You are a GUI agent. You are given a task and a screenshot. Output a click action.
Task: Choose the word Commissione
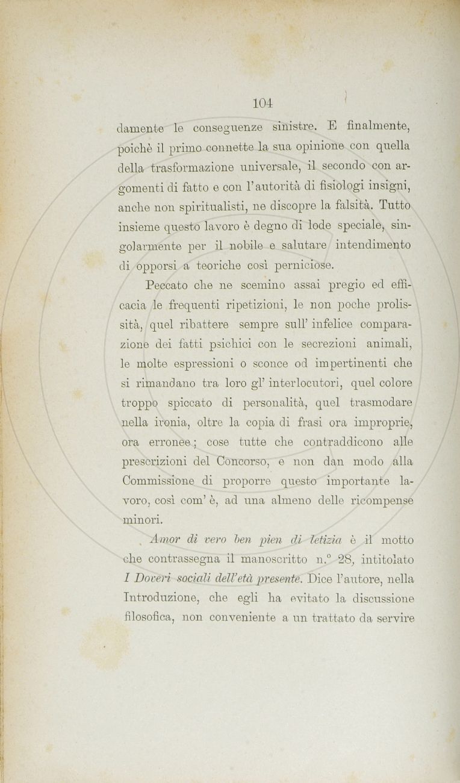pos(164,481)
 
